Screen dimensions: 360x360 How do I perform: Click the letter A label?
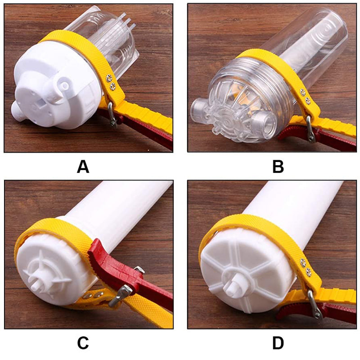[x=83, y=167]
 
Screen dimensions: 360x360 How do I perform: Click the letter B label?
[x=278, y=167]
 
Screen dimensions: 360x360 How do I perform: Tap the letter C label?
[x=83, y=343]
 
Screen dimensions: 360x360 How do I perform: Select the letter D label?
[x=278, y=343]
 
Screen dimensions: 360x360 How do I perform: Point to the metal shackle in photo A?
[x=112, y=115]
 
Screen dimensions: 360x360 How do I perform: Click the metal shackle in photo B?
[x=310, y=129]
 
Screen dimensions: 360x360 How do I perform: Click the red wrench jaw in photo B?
[x=296, y=133]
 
